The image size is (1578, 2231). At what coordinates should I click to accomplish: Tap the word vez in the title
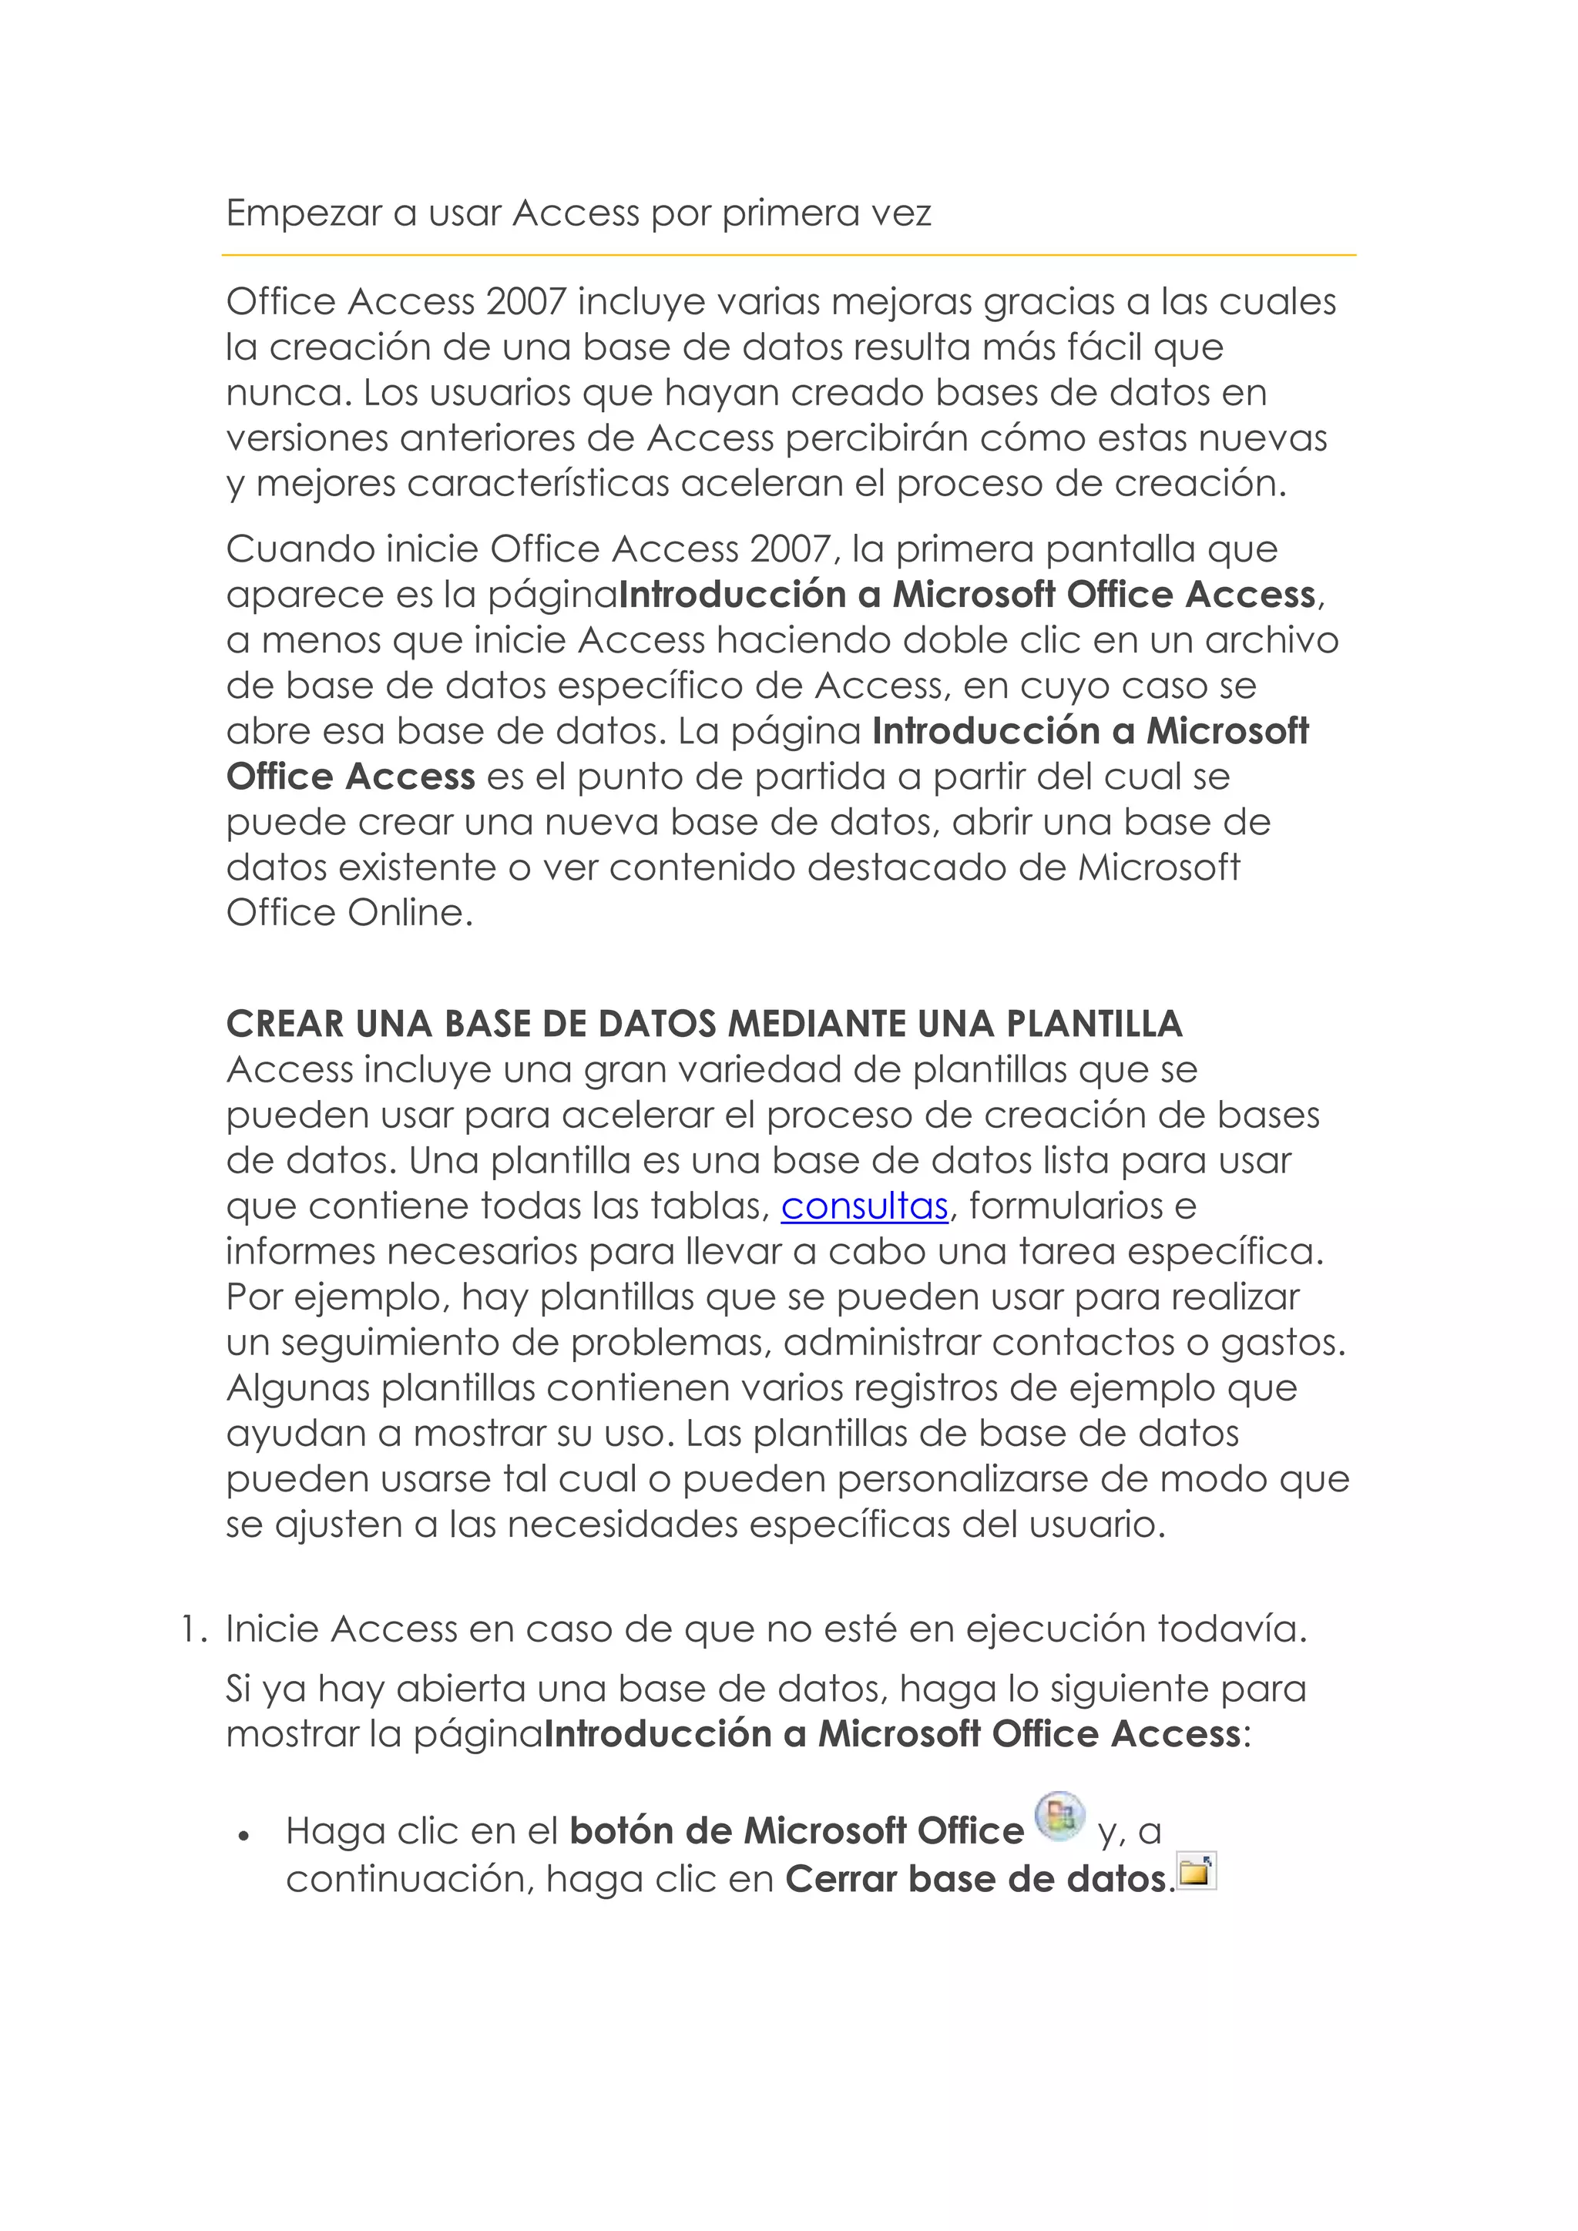pyautogui.click(x=901, y=213)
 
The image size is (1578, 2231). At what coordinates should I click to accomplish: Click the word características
pyautogui.click(x=539, y=484)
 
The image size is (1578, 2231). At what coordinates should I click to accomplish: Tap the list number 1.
pyautogui.click(x=190, y=1629)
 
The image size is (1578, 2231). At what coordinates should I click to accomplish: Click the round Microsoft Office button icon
pyautogui.click(x=1059, y=1816)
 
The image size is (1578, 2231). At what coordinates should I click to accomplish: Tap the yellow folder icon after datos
pyautogui.click(x=1196, y=1871)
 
